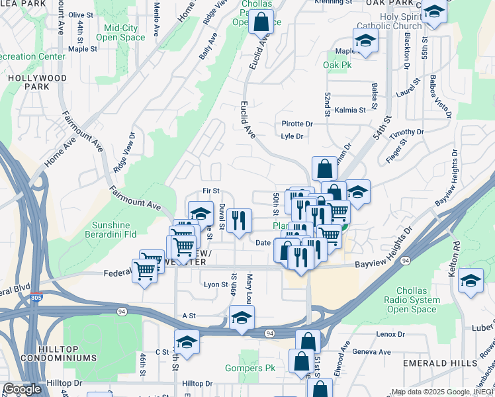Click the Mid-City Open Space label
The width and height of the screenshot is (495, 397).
click(120, 33)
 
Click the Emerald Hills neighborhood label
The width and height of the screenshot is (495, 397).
click(443, 363)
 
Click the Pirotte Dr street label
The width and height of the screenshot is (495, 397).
click(296, 124)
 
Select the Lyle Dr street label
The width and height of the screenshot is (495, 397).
click(292, 136)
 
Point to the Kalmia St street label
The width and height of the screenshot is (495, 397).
click(350, 110)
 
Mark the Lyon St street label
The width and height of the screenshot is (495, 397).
click(216, 285)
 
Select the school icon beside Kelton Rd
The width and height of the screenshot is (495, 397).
click(471, 281)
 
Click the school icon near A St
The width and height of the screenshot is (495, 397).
click(242, 318)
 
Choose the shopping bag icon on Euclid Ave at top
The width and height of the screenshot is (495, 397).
click(261, 21)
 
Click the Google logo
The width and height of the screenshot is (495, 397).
click(22, 389)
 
